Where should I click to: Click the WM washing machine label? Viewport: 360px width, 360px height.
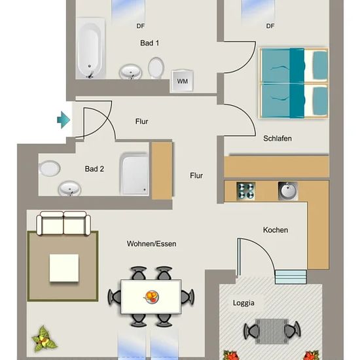183,81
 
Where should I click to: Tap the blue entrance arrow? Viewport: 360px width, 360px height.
63,120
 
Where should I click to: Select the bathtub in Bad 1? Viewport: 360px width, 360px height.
90,48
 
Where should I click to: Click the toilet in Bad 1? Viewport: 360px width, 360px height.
156,67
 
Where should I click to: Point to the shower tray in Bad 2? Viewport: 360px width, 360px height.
134,173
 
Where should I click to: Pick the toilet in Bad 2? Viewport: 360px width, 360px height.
49,168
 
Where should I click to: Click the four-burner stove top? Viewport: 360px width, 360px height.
246,190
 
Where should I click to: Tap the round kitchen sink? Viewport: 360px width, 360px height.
288,190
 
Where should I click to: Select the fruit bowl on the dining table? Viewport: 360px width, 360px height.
151,297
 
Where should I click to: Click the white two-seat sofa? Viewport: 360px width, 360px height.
63,223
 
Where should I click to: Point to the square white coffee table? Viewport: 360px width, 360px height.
64,268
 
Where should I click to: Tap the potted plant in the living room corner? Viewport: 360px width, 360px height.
44,338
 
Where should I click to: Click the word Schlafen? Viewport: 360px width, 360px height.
278,139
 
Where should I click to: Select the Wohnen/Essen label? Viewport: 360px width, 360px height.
152,243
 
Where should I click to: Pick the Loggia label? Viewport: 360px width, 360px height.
243,303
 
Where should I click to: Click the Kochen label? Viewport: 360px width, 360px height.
276,230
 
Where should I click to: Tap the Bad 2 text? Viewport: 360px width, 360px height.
94,169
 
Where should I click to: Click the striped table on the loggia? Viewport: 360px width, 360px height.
272,331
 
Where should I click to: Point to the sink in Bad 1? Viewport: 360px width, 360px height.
130,71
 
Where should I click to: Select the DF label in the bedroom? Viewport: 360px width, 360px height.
270,26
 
